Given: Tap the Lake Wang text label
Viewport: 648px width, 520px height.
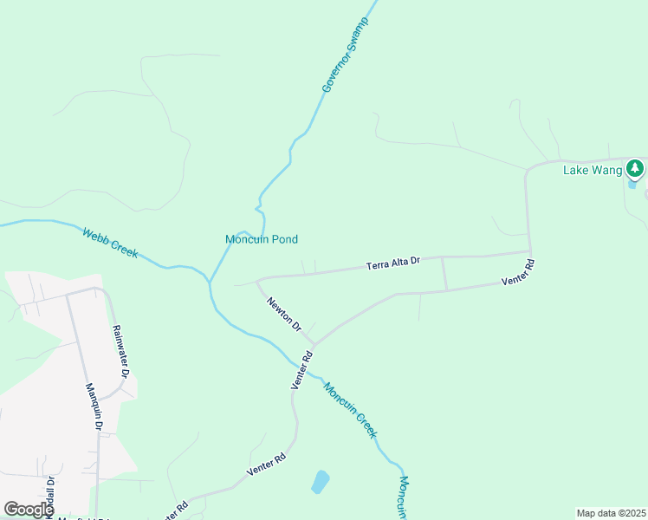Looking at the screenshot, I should tap(593, 170).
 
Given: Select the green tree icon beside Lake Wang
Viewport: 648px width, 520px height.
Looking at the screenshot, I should tap(636, 166).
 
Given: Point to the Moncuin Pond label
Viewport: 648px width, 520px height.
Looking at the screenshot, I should tap(262, 239).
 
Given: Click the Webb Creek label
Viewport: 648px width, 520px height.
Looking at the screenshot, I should tap(110, 244).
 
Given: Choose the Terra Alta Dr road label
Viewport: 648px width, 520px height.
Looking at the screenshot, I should tap(392, 261).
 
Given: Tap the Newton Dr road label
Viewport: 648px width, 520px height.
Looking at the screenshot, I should tap(284, 315).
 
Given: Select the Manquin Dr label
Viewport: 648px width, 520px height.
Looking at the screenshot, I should tap(94, 407).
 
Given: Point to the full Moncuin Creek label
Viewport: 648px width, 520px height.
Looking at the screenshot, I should tap(351, 409).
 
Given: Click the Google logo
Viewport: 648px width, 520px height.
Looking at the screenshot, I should tap(29, 509).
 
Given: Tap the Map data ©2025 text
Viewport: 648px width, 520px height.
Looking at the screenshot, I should tap(610, 512).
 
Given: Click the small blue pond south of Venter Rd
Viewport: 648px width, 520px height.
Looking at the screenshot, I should tap(320, 481).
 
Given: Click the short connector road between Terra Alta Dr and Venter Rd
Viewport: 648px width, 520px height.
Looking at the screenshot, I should tap(444, 274).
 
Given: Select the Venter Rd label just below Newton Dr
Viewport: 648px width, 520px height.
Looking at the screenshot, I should tap(302, 370).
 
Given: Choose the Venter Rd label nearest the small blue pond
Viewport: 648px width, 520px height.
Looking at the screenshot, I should tap(266, 466).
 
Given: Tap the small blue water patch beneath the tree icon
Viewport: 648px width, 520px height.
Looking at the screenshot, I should tap(632, 183).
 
